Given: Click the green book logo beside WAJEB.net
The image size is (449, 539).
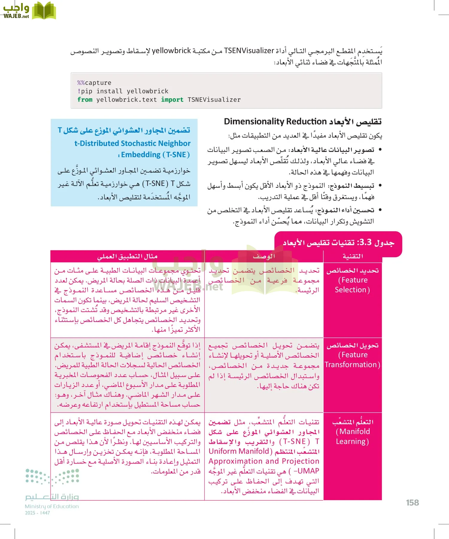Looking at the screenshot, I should point(44,11).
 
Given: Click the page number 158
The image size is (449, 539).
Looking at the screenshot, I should point(412,503).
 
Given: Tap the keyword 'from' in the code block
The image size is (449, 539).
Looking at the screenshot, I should point(85,100).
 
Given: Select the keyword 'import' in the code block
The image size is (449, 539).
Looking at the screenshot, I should point(172,100).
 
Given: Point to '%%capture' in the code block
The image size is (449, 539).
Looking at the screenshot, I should point(94,83).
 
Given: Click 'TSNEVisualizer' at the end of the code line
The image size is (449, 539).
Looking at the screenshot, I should point(214,100).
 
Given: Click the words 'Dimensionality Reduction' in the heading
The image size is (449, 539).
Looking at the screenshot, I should point(275,122).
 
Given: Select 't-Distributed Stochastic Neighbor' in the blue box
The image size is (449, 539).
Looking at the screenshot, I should point(132,143).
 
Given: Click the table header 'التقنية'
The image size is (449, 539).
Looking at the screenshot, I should point(353,256).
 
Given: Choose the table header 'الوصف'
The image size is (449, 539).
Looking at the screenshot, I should point(264,256).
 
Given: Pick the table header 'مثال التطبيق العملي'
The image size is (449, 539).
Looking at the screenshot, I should point(127,256).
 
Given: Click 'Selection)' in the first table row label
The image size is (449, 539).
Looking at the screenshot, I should point(352,290).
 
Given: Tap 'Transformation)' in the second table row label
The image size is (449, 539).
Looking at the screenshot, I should point(352,365).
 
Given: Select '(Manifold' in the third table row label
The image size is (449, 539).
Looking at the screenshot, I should point(353,431).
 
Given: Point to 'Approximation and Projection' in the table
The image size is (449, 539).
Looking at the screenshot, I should point(264,461).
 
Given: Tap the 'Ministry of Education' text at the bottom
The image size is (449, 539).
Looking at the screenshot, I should point(52,506).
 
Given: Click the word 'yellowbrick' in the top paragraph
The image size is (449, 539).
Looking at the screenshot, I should point(171,51).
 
